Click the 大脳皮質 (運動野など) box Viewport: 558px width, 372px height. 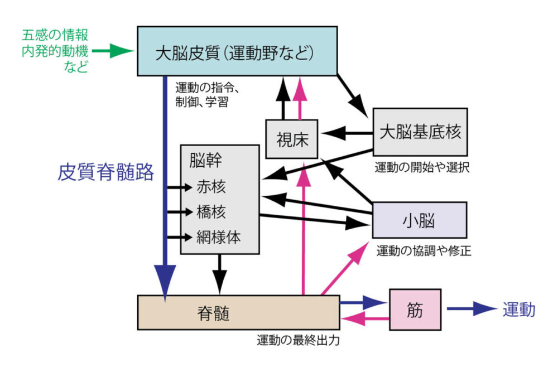(237, 51)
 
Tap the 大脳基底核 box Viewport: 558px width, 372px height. (420, 132)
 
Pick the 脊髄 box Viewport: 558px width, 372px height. (238, 313)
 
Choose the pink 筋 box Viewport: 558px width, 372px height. (415, 309)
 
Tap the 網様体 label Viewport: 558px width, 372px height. (218, 236)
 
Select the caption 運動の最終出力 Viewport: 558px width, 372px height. (298, 339)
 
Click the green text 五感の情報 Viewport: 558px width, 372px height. (55, 35)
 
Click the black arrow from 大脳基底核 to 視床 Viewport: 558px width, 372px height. (349, 134)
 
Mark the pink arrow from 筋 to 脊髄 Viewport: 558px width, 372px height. (365, 319)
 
